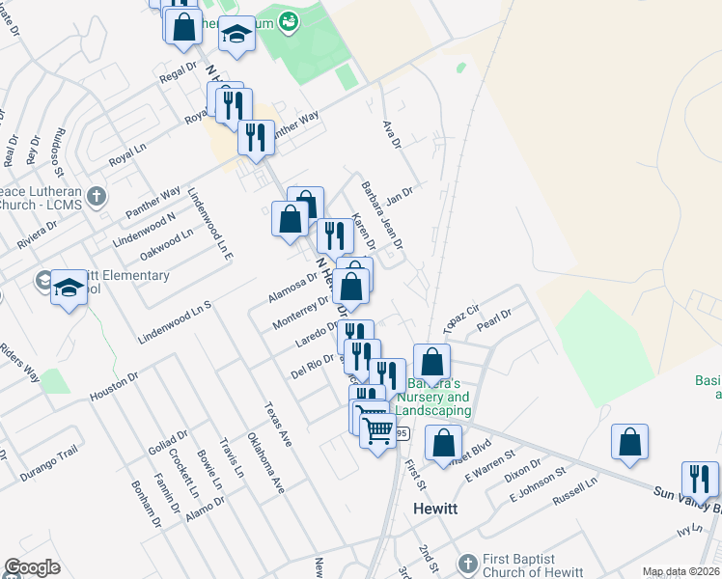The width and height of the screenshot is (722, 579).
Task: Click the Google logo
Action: point(32,567)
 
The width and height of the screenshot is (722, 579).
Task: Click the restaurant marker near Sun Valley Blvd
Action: point(700,480)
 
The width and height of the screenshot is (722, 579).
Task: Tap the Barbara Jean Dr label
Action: point(381,213)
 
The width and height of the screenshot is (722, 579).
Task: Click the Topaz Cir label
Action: point(460,318)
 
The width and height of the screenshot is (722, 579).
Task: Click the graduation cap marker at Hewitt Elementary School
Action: point(69,288)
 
